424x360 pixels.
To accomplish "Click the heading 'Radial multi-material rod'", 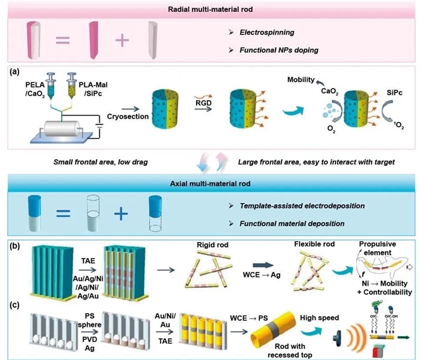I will tap(212, 9).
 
